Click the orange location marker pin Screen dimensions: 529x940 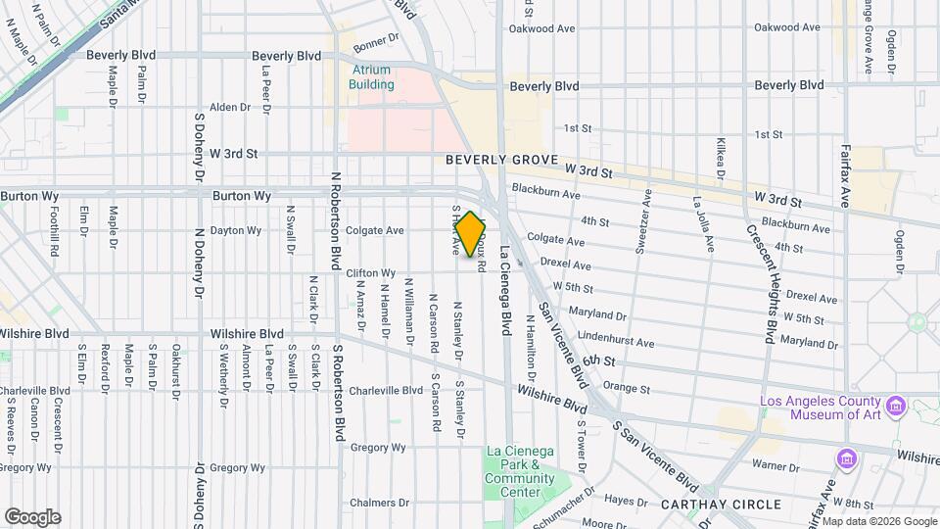pyautogui.click(x=471, y=234)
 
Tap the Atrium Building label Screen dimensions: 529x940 pyautogui.click(x=371, y=77)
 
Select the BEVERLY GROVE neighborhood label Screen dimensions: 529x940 pyautogui.click(x=501, y=160)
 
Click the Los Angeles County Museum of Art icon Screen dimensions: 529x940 pyautogui.click(x=895, y=406)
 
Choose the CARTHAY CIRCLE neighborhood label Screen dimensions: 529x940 pyautogui.click(x=722, y=505)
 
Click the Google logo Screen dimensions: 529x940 pyautogui.click(x=32, y=517)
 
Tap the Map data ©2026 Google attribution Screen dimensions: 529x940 pyautogui.click(x=878, y=521)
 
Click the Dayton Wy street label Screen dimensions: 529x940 pyautogui.click(x=239, y=231)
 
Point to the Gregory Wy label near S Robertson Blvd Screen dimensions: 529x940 pyautogui.click(x=378, y=448)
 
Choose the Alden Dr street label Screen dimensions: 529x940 pyautogui.click(x=230, y=107)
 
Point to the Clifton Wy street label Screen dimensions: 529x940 pyautogui.click(x=371, y=273)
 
